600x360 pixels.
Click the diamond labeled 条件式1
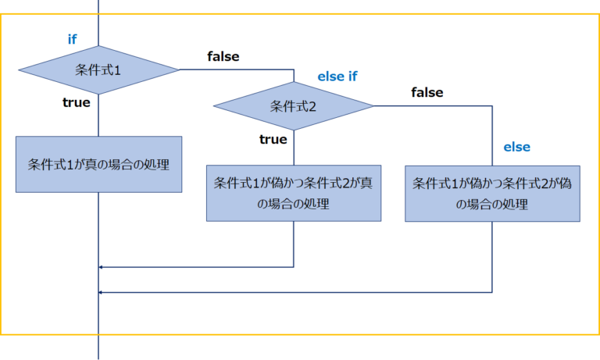click(99, 70)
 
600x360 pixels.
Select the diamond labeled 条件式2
click(294, 105)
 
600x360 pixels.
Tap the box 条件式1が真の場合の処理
click(99, 165)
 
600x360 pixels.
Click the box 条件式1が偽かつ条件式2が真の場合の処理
click(294, 193)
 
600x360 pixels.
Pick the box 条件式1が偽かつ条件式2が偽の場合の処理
click(492, 194)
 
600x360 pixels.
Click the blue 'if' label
click(73, 39)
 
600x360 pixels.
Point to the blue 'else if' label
click(337, 77)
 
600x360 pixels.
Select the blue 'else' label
click(516, 147)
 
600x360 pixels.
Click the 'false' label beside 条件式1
click(223, 56)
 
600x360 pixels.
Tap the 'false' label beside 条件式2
click(427, 92)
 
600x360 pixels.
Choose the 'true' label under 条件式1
click(77, 102)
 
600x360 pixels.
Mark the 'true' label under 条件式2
click(273, 139)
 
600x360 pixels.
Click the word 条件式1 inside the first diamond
click(98, 70)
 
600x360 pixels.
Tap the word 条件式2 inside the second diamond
click(293, 105)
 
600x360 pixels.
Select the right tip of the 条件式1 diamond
click(180, 70)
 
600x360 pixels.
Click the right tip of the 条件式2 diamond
click(374, 105)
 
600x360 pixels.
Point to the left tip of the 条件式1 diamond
click(19, 70)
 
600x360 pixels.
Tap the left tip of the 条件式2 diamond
click(213, 105)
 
